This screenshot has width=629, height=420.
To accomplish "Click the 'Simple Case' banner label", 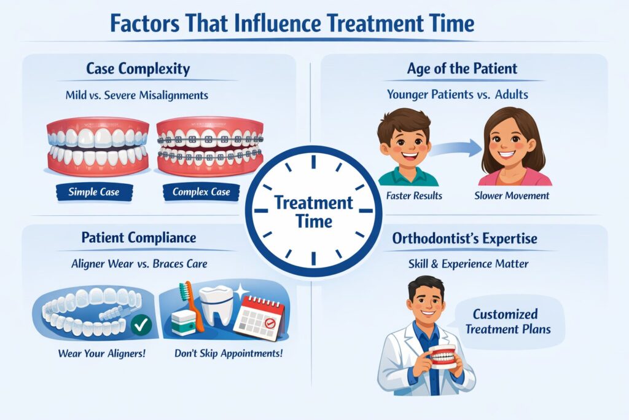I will click(x=94, y=192).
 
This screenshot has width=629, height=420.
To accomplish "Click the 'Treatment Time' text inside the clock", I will click(x=313, y=211).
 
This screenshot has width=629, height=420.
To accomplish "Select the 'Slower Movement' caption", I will click(x=512, y=196).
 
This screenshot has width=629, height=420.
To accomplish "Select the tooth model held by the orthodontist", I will click(x=443, y=356).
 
